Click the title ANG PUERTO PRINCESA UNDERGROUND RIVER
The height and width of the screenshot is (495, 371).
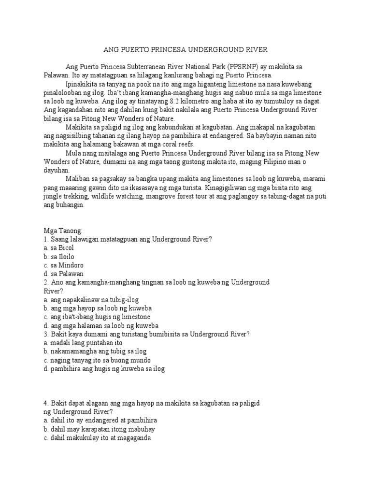[186, 50]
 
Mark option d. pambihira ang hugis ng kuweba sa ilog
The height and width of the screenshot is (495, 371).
[104, 369]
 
